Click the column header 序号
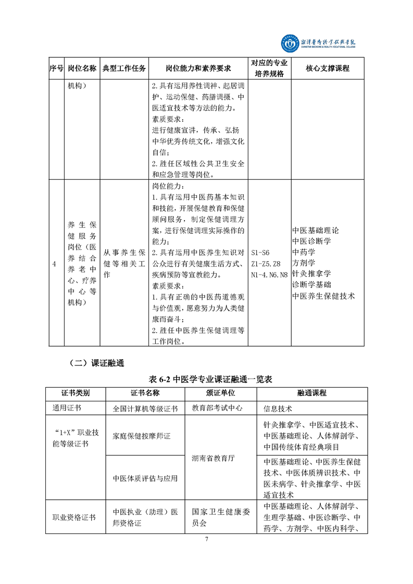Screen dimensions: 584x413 tap(56, 68)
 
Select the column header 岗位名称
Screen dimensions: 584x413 tap(82, 68)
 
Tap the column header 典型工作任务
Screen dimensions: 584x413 tap(124, 68)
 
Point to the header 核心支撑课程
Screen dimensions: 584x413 tap(328, 68)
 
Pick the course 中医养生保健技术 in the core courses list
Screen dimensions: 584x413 tap(323, 295)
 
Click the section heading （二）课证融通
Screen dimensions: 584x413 tap(96, 363)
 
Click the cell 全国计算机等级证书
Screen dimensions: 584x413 tap(145, 409)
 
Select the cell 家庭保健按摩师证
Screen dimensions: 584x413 tap(142, 436)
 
